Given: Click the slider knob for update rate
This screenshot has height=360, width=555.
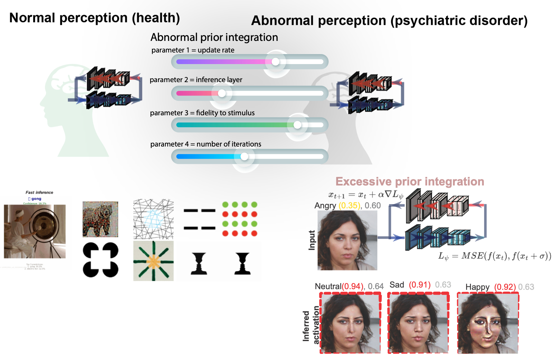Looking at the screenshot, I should click(276, 62).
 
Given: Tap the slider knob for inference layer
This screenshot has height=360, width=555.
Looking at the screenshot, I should click(222, 93).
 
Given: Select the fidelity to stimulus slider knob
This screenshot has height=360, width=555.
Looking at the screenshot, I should click(297, 125).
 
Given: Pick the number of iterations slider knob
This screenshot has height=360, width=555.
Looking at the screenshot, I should click(244, 156).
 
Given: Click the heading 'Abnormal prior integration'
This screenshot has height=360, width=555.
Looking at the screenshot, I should click(214, 37).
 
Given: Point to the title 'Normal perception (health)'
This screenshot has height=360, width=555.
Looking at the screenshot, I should click(94, 18).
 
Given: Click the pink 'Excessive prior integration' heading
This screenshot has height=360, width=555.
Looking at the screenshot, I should click(409, 182).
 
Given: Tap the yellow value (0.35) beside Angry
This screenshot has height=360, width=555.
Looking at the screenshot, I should click(349, 205).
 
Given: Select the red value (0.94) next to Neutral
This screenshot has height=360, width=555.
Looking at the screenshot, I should click(353, 286).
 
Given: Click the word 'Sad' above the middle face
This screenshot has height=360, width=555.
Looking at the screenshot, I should click(397, 285).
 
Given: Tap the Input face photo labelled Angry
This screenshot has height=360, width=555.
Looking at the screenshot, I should click(347, 240).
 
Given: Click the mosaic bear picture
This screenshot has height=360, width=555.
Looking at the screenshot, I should click(100, 219).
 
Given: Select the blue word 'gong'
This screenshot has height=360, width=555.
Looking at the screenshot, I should click(36, 199).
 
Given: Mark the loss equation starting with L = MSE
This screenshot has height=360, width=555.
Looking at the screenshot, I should click(494, 256).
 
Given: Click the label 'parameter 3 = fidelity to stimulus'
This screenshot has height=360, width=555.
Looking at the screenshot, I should click(202, 113).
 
